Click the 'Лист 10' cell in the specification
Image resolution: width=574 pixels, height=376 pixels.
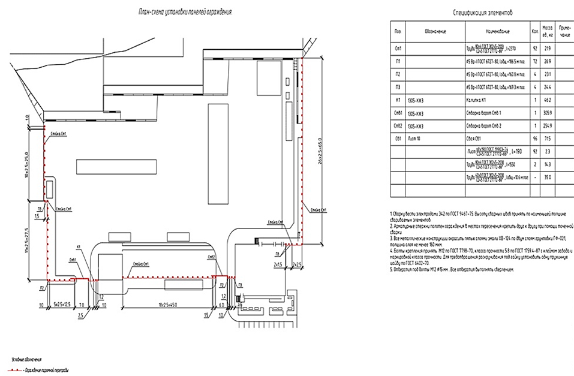(413, 139)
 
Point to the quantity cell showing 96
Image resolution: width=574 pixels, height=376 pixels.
(533, 139)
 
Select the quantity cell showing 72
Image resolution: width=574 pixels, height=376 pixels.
(533, 62)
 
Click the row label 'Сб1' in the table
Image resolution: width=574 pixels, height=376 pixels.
(397, 139)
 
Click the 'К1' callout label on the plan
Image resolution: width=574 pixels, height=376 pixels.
(79, 247)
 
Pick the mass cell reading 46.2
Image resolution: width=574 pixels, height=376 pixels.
(547, 100)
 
